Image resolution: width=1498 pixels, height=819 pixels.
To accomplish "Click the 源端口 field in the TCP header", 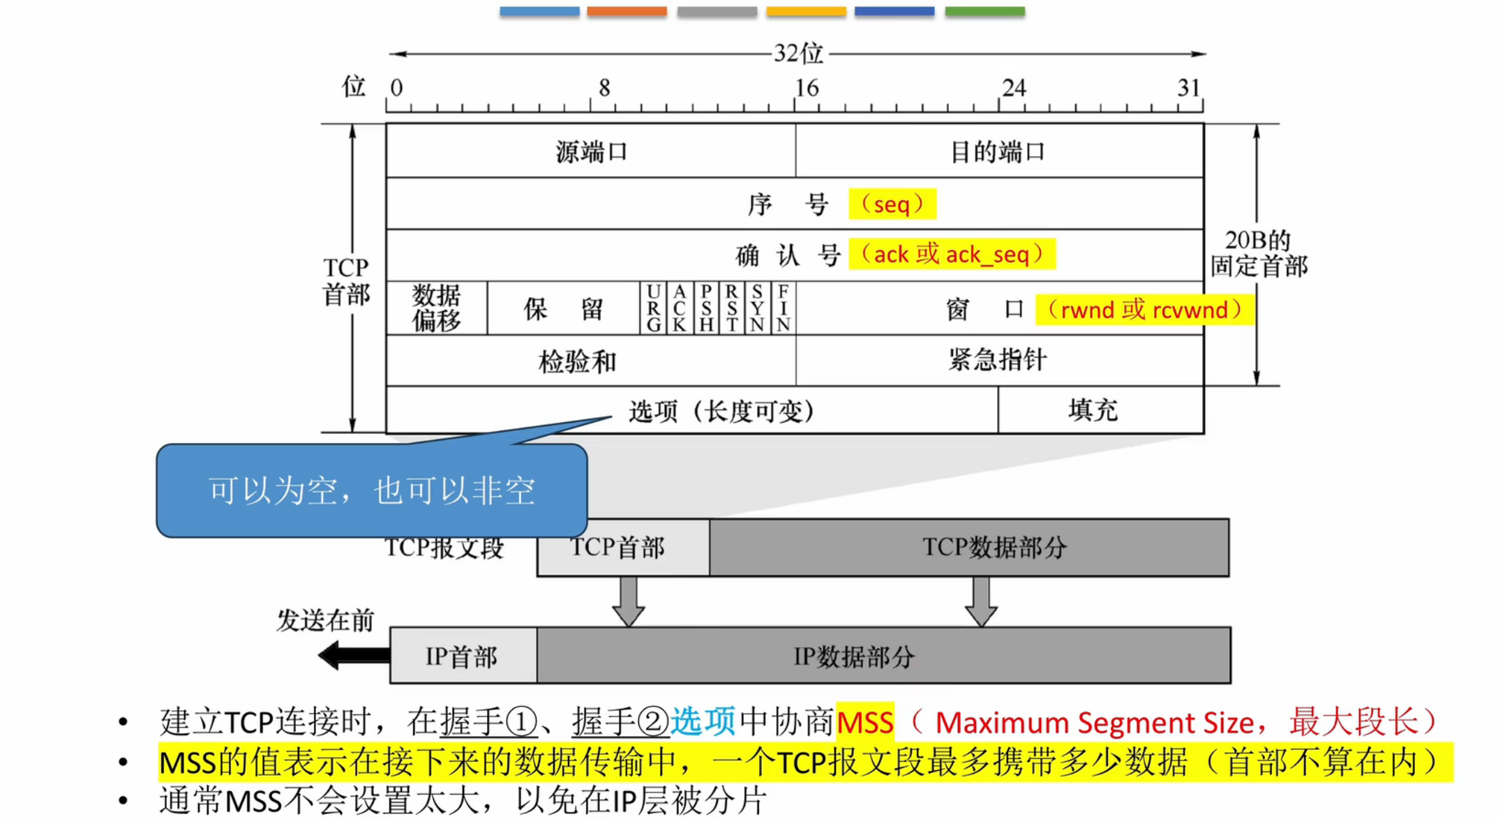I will coord(590,151).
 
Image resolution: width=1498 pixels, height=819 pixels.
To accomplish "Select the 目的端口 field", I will coord(998,151).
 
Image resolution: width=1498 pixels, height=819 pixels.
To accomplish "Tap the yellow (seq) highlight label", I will coord(892,204).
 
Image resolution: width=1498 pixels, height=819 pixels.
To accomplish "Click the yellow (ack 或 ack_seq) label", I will coord(952,255).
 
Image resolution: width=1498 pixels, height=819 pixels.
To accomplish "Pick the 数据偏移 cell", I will coord(436,308).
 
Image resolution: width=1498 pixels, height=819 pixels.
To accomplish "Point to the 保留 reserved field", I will coord(563,308).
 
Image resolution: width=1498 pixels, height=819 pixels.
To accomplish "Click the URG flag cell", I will coord(653,308).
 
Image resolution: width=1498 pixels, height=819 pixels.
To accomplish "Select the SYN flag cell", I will coord(757,308).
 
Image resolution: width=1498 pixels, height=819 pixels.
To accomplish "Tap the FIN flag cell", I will coord(784,308).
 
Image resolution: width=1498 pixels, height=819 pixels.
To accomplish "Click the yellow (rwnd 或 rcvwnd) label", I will coord(1144,310).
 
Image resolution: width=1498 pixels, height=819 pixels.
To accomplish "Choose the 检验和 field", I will coord(578,361).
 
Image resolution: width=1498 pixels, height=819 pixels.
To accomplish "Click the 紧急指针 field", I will coord(998,360).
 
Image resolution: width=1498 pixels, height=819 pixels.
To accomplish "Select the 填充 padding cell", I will coord(1093,410).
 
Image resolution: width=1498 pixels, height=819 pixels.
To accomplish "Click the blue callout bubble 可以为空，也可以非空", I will coord(371,491).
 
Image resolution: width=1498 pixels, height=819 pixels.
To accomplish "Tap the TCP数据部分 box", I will coord(994,548).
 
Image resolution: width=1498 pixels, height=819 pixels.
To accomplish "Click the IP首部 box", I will coord(462,656).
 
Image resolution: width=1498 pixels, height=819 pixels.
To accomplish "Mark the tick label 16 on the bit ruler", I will coord(807,88).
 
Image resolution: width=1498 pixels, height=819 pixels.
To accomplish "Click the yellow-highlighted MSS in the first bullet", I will coord(864,723).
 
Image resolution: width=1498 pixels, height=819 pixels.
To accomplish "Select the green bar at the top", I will coord(984,11).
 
